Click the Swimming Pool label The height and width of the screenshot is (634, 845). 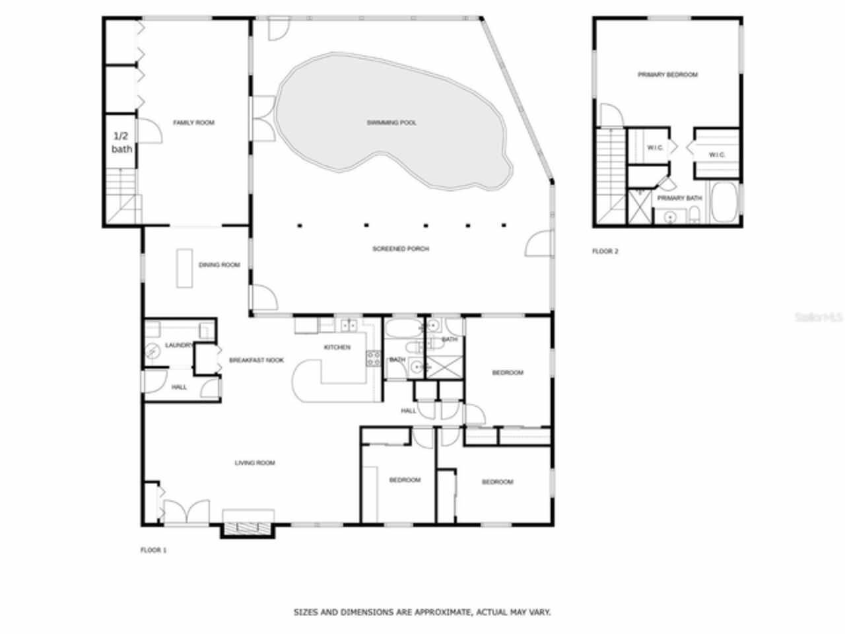tap(391, 123)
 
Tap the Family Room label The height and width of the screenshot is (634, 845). tap(193, 123)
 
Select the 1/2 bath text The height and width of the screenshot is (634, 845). tap(121, 143)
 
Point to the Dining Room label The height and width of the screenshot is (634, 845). tap(219, 265)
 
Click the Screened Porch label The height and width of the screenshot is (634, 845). tap(401, 249)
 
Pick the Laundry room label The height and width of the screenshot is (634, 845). tap(178, 345)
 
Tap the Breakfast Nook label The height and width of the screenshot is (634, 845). tap(256, 361)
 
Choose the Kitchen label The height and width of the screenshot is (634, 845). tap(337, 347)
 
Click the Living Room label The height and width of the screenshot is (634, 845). tap(255, 463)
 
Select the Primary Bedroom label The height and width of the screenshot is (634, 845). tap(667, 75)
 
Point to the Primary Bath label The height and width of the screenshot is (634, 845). tap(679, 198)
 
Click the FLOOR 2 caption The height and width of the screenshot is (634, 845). tap(605, 252)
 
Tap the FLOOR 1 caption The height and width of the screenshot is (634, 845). tap(154, 550)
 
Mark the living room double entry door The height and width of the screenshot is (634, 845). tap(186, 514)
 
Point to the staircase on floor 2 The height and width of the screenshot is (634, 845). tap(611, 175)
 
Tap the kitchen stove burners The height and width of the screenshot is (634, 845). tap(374, 359)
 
